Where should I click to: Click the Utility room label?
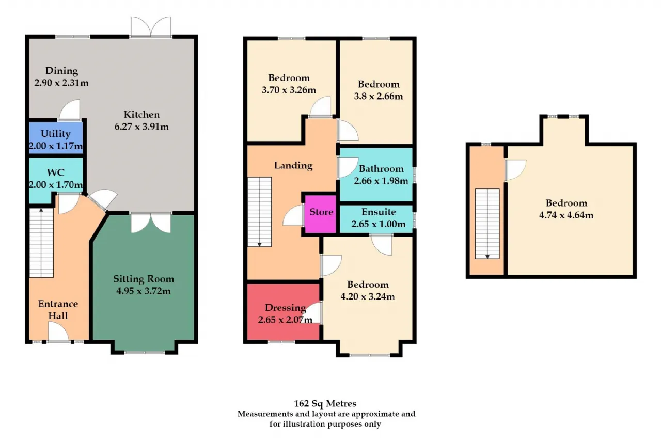[55, 134]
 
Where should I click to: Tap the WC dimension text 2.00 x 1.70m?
[56, 185]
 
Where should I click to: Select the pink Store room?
[321, 214]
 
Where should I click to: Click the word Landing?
[293, 166]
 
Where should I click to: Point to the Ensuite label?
[379, 212]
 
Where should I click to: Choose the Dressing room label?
[286, 308]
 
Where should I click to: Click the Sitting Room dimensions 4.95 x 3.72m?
[144, 291]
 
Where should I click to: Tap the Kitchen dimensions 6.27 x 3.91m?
[141, 127]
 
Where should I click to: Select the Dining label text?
[61, 71]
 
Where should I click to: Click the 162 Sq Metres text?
[325, 403]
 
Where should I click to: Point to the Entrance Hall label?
[58, 309]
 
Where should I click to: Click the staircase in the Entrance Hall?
[41, 243]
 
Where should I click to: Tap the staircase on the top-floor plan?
[487, 224]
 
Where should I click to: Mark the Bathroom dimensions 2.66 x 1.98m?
[381, 181]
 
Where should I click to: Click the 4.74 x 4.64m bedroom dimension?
[566, 215]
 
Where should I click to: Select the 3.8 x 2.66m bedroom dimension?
[379, 96]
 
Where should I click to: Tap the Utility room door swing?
[70, 110]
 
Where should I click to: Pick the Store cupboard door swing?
[293, 215]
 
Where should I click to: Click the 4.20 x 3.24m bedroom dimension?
[368, 296]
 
